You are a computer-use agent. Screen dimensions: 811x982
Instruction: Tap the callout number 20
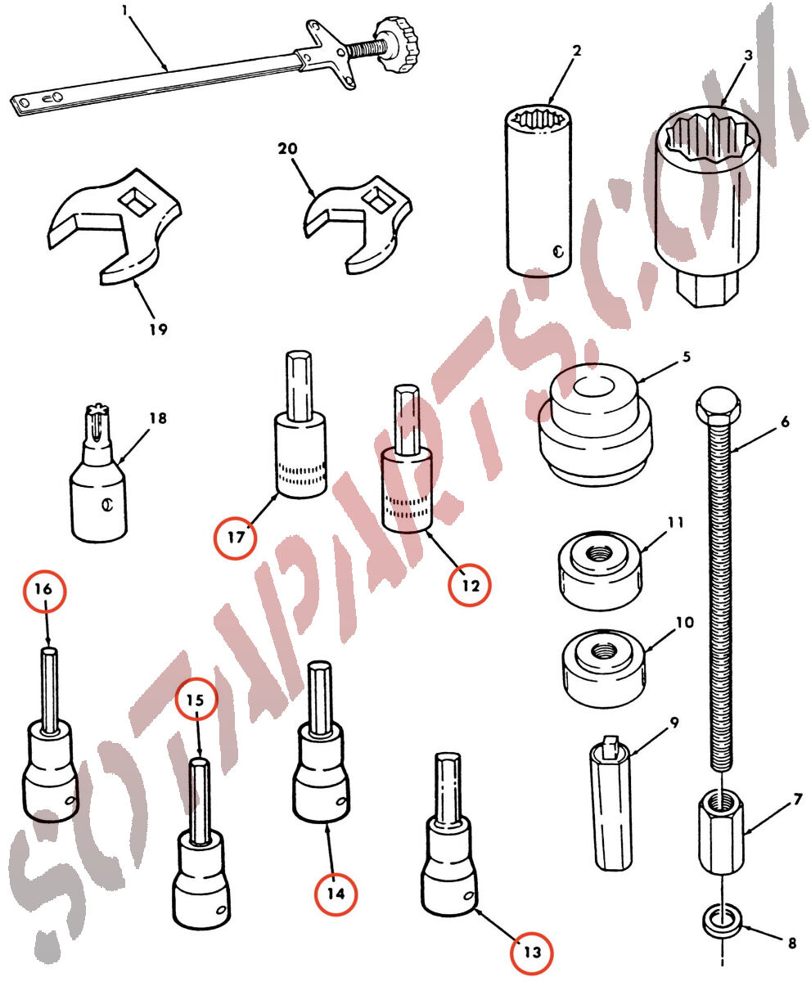(x=287, y=149)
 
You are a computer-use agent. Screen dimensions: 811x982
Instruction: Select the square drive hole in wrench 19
(x=137, y=202)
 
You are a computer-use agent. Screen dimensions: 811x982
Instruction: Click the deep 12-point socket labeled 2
(x=538, y=191)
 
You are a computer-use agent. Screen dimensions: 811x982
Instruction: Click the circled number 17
(x=236, y=538)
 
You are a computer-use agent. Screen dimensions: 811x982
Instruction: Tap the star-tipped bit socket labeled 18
(x=98, y=473)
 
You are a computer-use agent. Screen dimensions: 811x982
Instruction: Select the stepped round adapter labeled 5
(x=596, y=423)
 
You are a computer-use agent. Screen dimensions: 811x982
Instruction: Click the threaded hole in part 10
(x=604, y=653)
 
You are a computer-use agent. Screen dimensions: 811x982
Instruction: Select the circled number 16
(x=45, y=591)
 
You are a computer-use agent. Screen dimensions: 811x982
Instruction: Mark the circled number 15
(x=196, y=700)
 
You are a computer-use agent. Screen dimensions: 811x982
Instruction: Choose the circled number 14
(x=336, y=894)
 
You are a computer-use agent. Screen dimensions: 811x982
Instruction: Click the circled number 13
(x=532, y=953)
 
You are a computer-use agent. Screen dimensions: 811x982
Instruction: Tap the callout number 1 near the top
(x=124, y=11)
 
